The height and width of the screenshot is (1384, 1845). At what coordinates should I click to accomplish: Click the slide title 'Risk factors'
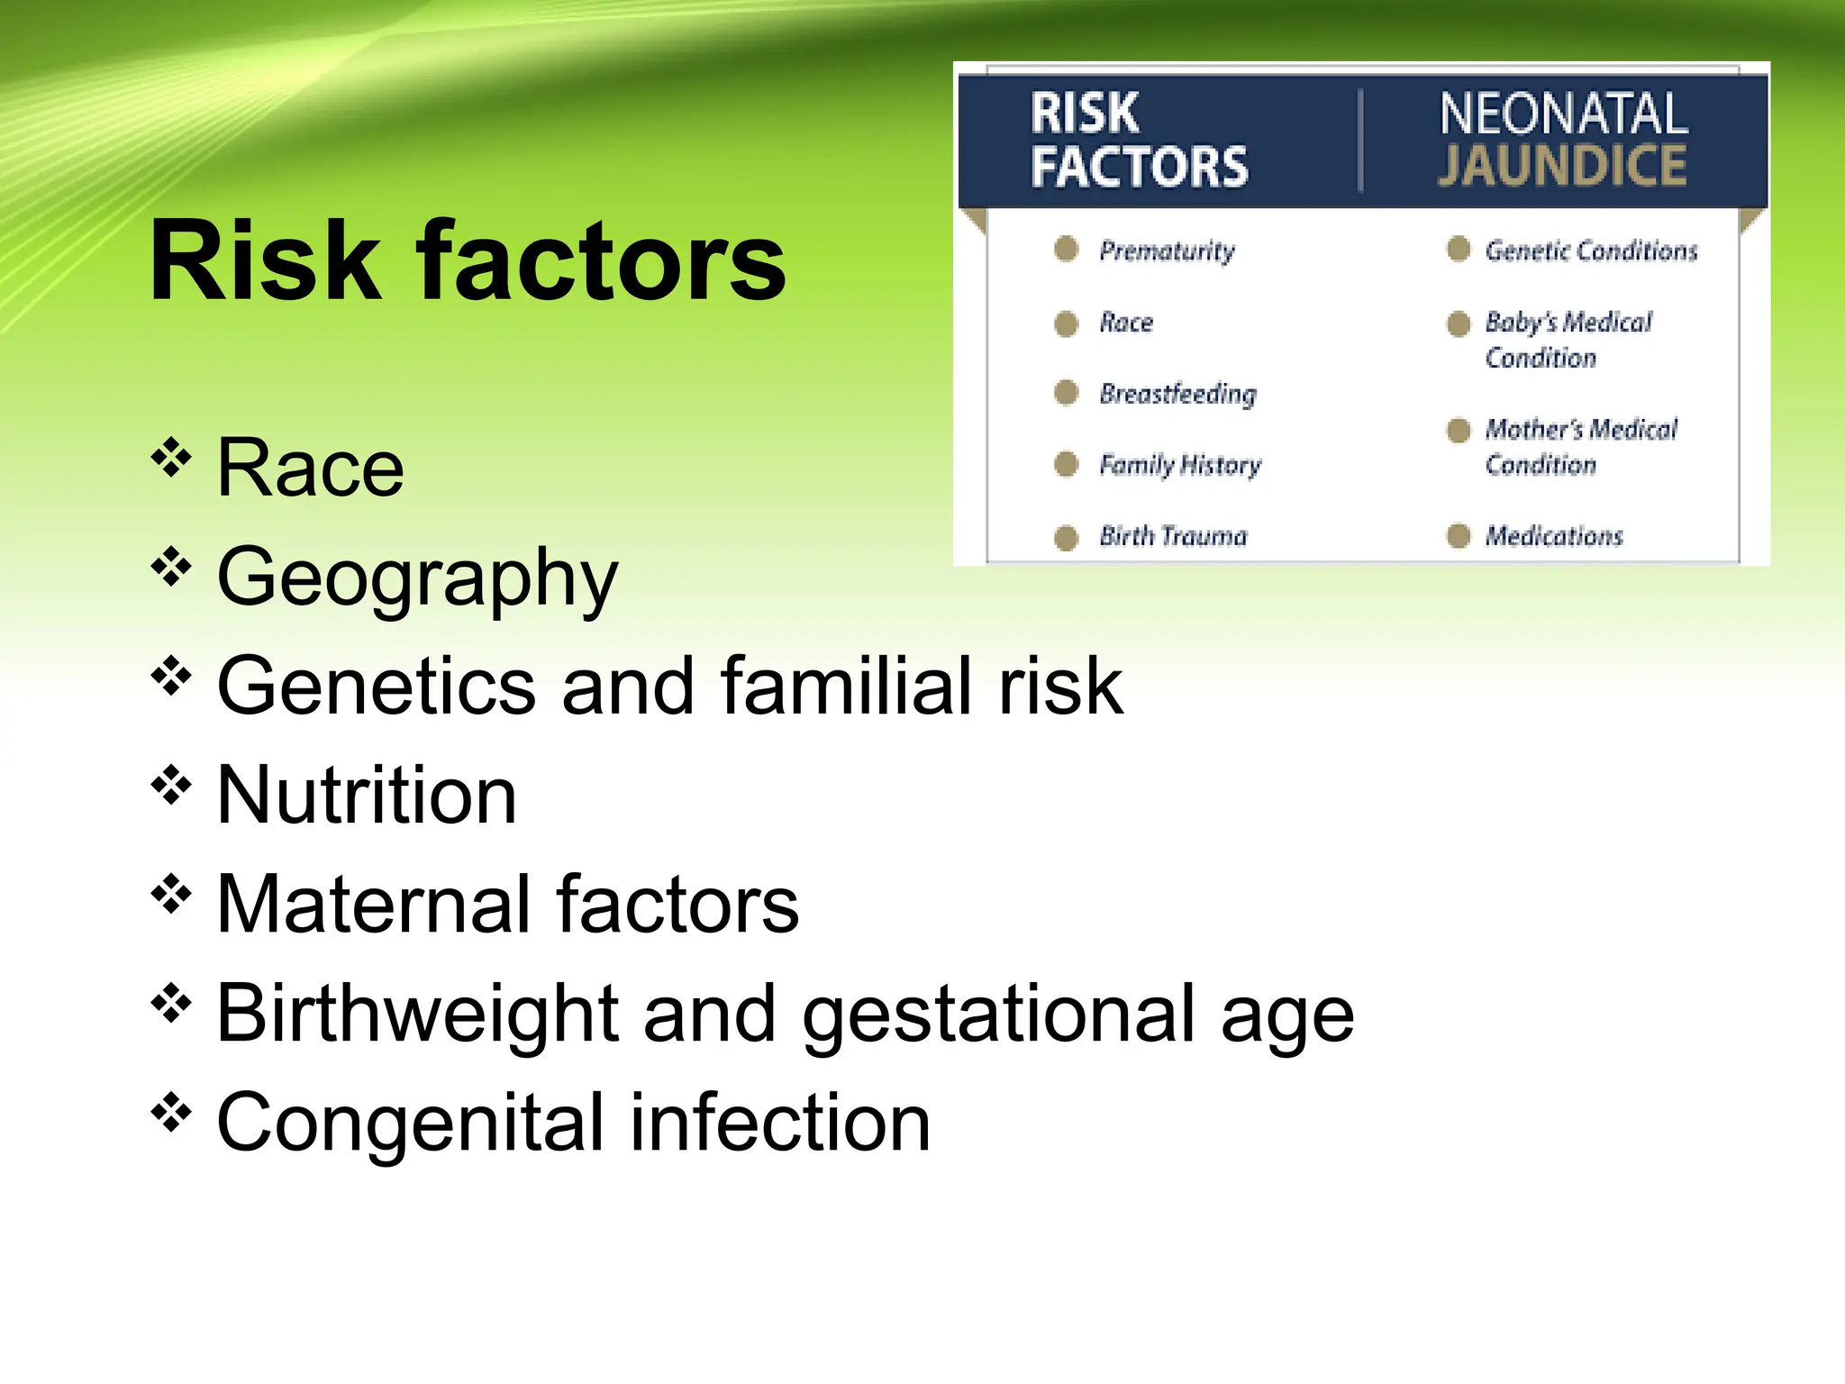[467, 261]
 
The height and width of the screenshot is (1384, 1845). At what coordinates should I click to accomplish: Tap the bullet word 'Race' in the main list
[310, 468]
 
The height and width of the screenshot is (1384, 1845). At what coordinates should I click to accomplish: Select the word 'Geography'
[417, 578]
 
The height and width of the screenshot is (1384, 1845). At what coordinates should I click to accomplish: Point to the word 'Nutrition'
[367, 796]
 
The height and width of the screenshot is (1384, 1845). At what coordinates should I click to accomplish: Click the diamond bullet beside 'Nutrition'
[171, 786]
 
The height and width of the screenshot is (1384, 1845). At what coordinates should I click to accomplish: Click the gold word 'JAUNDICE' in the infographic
[1562, 166]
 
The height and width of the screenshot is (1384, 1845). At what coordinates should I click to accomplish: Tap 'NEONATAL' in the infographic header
[1563, 114]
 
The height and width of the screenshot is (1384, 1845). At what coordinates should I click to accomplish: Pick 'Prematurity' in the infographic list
[1167, 250]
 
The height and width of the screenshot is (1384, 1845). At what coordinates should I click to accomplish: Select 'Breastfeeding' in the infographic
[1177, 394]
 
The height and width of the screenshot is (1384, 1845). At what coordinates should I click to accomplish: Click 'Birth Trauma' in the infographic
[1173, 536]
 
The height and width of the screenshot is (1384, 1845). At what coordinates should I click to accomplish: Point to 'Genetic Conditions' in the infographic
[1591, 250]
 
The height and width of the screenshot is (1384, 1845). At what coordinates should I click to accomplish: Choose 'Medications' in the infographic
[1554, 536]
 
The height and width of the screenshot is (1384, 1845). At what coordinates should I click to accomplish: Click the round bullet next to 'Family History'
[1067, 464]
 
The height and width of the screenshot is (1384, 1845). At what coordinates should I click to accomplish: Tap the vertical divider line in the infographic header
[1360, 141]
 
